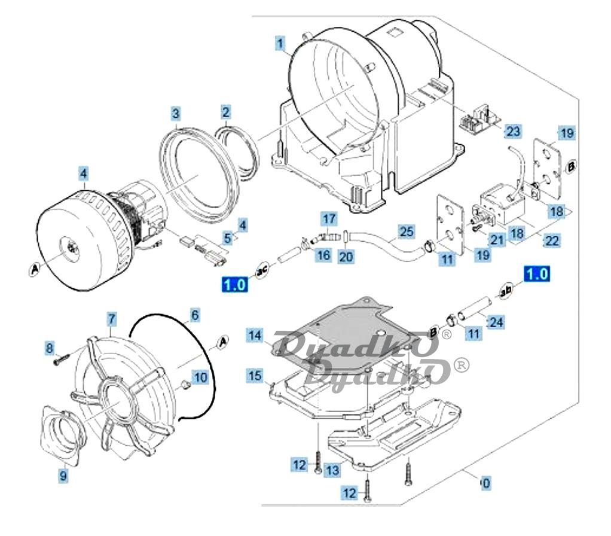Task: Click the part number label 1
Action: tap(280, 44)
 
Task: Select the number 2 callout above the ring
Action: tap(225, 112)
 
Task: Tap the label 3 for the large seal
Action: tap(175, 113)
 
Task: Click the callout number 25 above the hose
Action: tap(406, 230)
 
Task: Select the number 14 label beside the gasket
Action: tap(255, 337)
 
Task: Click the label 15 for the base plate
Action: tap(255, 376)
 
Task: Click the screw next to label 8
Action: tap(60, 360)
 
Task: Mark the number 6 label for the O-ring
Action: tap(195, 314)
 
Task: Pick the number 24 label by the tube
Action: tap(496, 322)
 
